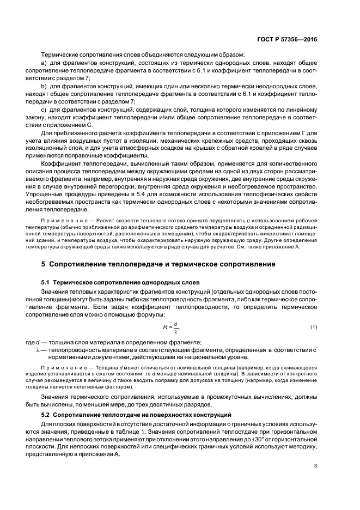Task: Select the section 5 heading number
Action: click(x=44, y=264)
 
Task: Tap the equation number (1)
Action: click(x=314, y=327)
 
